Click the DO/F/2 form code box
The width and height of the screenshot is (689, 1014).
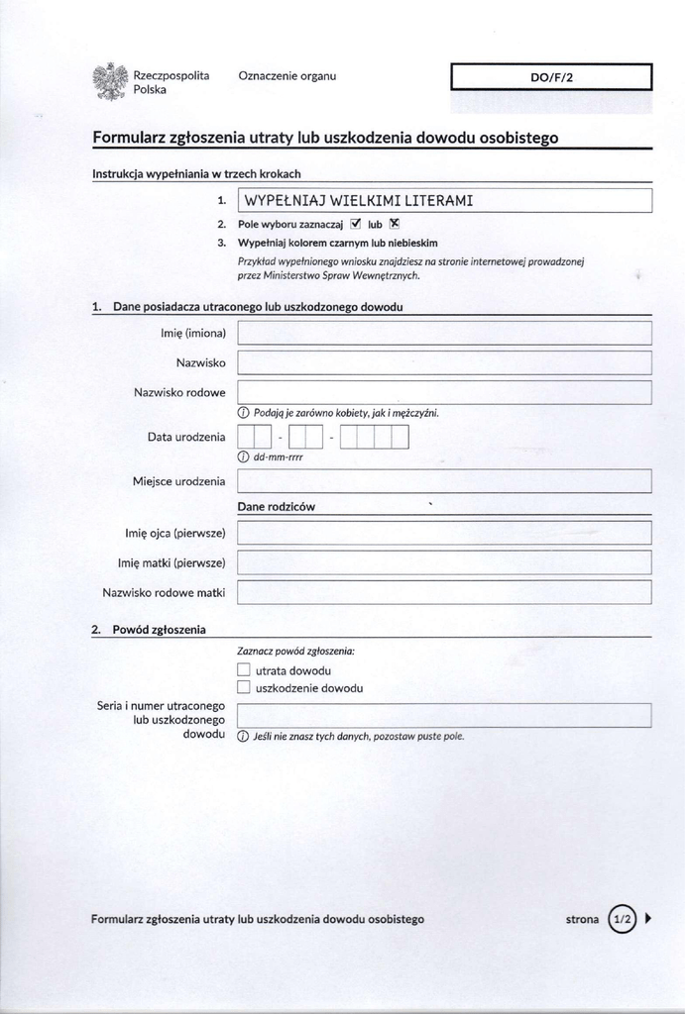click(x=551, y=76)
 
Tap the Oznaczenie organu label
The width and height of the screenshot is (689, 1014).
click(x=287, y=76)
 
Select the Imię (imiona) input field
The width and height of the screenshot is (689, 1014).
click(x=444, y=333)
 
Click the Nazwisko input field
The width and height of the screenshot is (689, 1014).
click(x=444, y=362)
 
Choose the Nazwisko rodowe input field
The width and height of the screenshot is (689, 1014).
click(x=444, y=392)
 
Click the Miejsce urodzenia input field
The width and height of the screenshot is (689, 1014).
click(x=444, y=481)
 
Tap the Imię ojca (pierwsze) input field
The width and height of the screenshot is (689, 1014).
click(x=444, y=533)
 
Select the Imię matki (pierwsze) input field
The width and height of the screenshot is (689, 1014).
click(x=444, y=562)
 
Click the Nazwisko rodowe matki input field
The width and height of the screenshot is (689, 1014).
click(x=444, y=592)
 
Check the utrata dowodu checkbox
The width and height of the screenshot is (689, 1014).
click(x=244, y=670)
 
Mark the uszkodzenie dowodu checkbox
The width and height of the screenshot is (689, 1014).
click(x=244, y=688)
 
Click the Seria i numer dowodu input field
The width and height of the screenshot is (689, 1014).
click(x=444, y=715)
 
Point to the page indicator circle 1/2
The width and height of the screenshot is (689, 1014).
click(x=623, y=919)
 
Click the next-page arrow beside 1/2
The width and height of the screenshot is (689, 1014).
click(x=647, y=919)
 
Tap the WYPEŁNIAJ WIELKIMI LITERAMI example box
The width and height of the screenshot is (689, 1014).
click(x=444, y=200)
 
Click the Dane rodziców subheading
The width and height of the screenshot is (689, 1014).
click(x=277, y=507)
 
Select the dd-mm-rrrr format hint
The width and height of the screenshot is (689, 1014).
click(x=278, y=457)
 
